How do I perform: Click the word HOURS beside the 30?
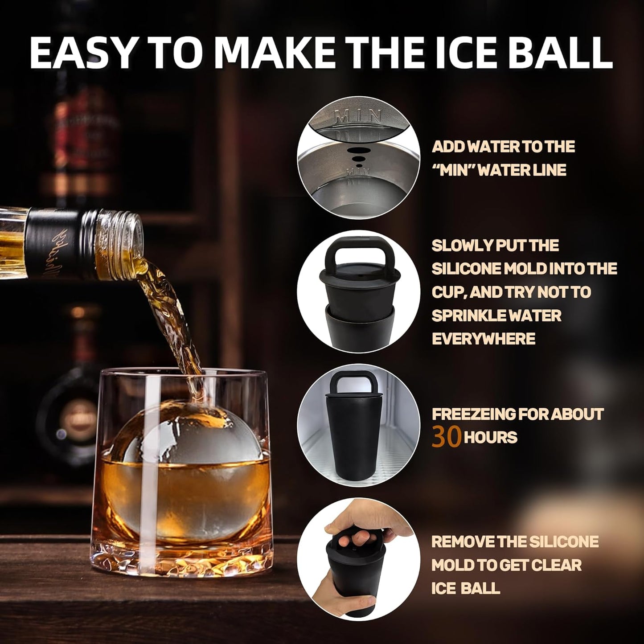coord(490,437)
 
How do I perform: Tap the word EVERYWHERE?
coord(483,339)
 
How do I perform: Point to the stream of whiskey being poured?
coord(174,312)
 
